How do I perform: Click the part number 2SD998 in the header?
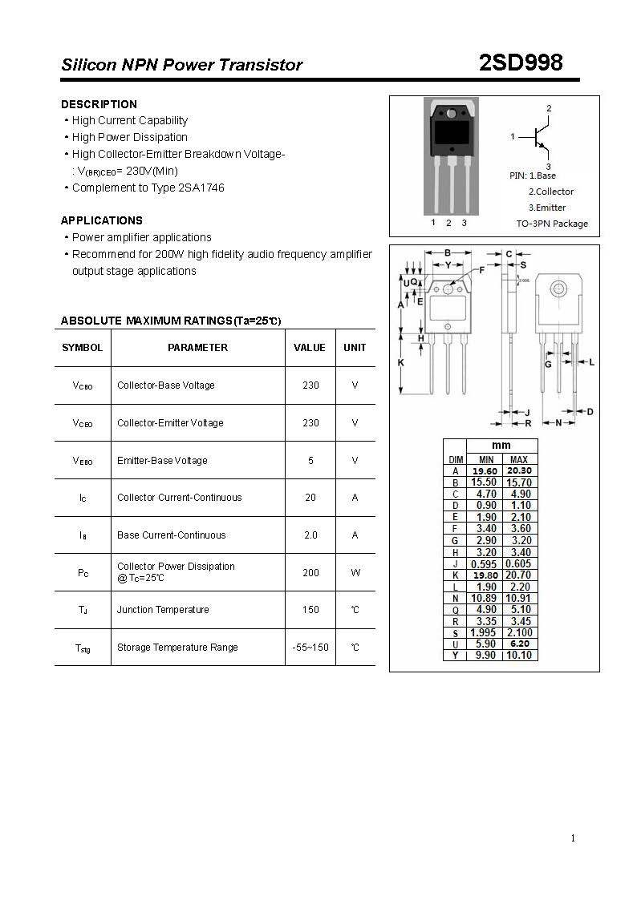point(520,63)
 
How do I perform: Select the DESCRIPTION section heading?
point(99,104)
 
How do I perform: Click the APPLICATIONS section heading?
point(102,220)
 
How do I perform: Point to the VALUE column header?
point(310,348)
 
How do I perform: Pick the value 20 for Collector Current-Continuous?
point(310,498)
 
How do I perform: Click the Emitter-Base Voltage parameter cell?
point(162,461)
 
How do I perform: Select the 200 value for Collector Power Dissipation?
point(310,572)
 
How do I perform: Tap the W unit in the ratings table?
point(355,572)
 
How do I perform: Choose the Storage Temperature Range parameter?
point(177,648)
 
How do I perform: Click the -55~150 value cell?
point(310,648)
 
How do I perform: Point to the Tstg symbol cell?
point(83,648)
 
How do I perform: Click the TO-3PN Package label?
point(551,224)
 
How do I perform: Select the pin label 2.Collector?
point(550,192)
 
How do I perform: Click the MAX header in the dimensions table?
point(519,459)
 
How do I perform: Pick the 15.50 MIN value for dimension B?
point(485,482)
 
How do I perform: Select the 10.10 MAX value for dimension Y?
point(520,655)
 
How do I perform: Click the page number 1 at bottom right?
point(573,838)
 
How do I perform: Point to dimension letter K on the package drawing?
point(401,362)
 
